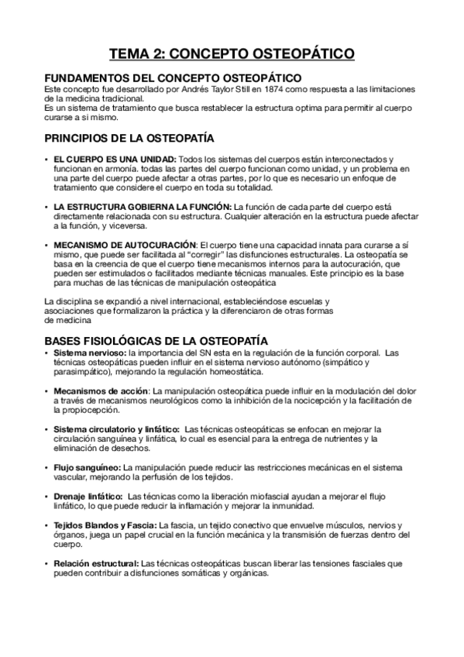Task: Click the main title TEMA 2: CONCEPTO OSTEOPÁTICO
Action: (232, 53)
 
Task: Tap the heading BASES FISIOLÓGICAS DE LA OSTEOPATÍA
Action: (156, 340)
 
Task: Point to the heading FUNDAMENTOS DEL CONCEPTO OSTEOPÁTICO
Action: (173, 77)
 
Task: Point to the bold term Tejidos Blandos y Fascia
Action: (105, 525)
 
